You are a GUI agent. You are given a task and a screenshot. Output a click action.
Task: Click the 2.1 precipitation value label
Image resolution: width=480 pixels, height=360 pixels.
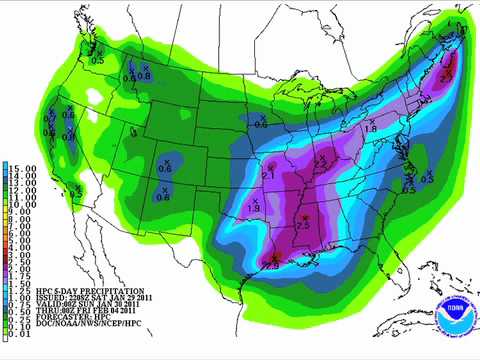pos(268,175)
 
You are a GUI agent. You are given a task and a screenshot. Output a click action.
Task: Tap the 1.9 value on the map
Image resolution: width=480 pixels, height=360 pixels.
pos(254,207)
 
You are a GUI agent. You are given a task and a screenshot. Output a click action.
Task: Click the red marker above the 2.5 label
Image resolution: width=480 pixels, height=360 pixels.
pos(303,217)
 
